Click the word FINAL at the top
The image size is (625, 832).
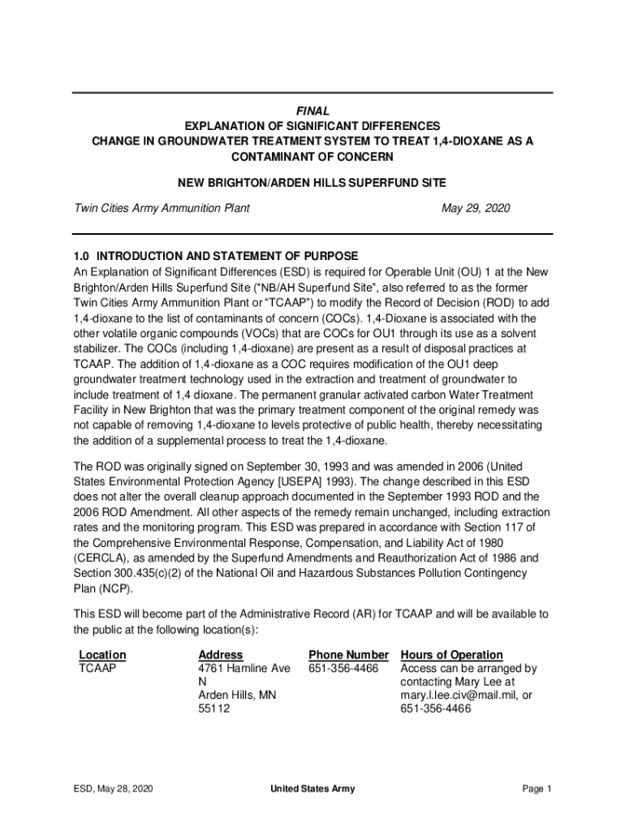click(x=312, y=110)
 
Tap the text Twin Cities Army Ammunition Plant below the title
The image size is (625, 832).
click(x=162, y=208)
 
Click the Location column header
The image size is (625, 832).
click(x=102, y=655)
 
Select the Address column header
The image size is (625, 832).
click(x=220, y=655)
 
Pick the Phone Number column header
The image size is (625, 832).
click(x=349, y=655)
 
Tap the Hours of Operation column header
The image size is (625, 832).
click(x=451, y=655)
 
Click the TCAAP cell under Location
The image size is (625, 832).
click(x=97, y=669)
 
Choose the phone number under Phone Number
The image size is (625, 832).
click(x=343, y=669)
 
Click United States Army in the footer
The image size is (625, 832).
click(x=312, y=789)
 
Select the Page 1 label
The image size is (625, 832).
click(x=537, y=789)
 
